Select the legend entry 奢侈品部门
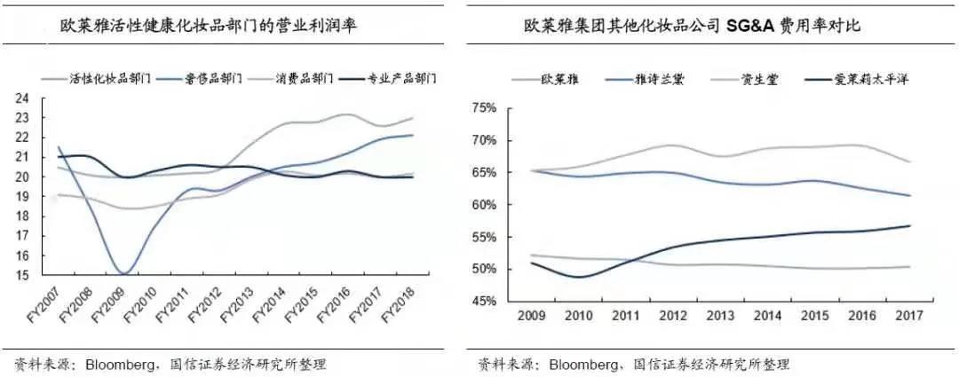(x=214, y=79)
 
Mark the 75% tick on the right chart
(x=484, y=108)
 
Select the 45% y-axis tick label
(x=484, y=302)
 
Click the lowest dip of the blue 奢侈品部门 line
(x=124, y=272)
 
